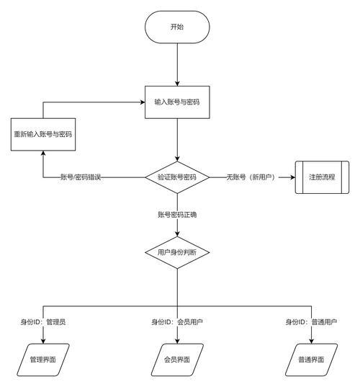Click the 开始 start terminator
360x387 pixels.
click(177, 27)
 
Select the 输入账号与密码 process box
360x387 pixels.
click(177, 102)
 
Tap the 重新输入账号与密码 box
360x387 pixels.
click(43, 135)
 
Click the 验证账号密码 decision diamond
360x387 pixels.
click(177, 177)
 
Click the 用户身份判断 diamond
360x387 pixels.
click(177, 253)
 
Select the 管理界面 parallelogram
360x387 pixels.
click(42, 358)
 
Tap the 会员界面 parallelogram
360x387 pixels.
click(177, 358)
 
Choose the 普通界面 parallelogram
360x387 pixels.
click(311, 358)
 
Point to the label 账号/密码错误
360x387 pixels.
click(81, 177)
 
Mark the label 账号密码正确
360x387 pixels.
click(177, 215)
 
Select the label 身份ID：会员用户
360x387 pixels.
click(177, 322)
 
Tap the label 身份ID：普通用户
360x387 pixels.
click(311, 322)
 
